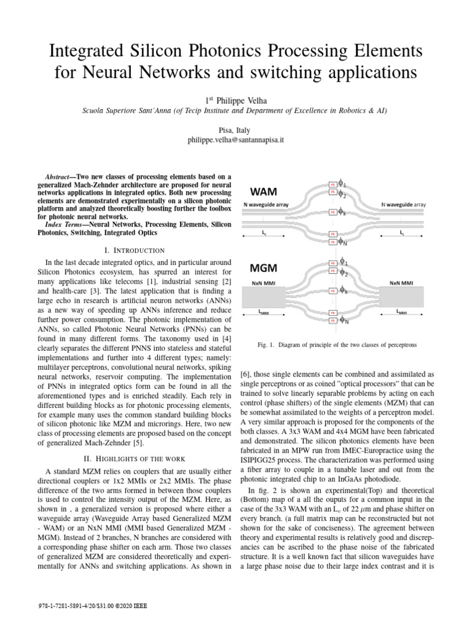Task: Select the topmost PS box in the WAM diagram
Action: (x=332, y=184)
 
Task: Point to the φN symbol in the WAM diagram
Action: (x=345, y=241)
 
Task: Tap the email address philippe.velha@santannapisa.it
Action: (x=236, y=141)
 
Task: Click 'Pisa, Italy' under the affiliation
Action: (x=236, y=130)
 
